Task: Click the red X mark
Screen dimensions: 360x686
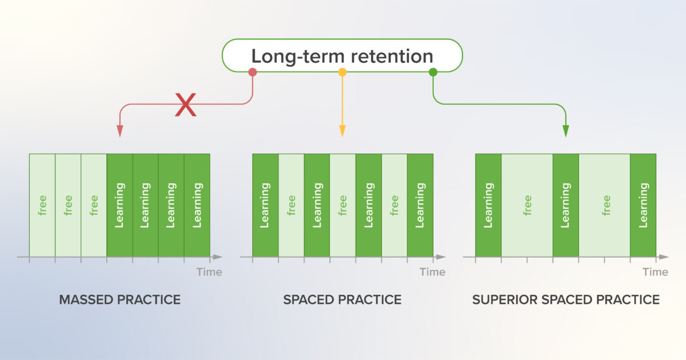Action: (x=185, y=105)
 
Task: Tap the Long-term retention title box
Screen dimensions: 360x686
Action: (x=342, y=55)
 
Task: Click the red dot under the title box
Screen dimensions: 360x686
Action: (x=253, y=72)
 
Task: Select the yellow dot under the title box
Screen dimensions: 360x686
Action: (x=342, y=72)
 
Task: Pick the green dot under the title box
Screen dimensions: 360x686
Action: (x=433, y=72)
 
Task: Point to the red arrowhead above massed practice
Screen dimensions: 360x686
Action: (x=119, y=131)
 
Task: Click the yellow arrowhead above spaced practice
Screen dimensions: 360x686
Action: (x=342, y=131)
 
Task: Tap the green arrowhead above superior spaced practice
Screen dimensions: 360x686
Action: (x=566, y=131)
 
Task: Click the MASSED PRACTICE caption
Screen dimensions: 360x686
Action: (x=119, y=299)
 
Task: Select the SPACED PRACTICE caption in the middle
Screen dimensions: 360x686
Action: (x=342, y=299)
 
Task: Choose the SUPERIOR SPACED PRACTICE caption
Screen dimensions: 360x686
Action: (x=566, y=299)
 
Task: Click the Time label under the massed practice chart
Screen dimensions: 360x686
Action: (x=209, y=272)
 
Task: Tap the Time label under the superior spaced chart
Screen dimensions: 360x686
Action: (x=655, y=272)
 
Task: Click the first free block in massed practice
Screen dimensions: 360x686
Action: (x=42, y=205)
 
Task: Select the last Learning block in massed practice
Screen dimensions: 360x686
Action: (x=197, y=205)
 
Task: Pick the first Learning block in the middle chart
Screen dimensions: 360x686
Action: (x=265, y=205)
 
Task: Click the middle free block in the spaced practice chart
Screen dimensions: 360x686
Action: (x=342, y=205)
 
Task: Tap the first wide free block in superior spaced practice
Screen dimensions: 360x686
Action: (x=527, y=205)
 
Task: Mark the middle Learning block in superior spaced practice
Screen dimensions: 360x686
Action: (x=566, y=205)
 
